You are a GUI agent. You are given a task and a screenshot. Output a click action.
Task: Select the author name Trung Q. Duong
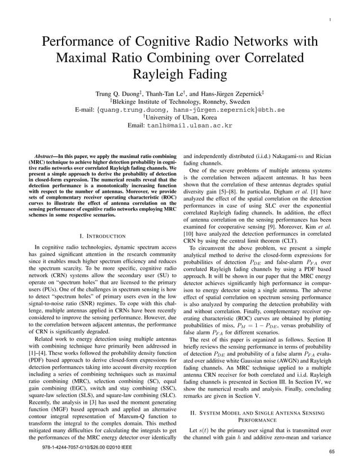pos(116,94)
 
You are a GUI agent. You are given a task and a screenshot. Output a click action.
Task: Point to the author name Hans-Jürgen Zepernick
pos(232,94)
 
